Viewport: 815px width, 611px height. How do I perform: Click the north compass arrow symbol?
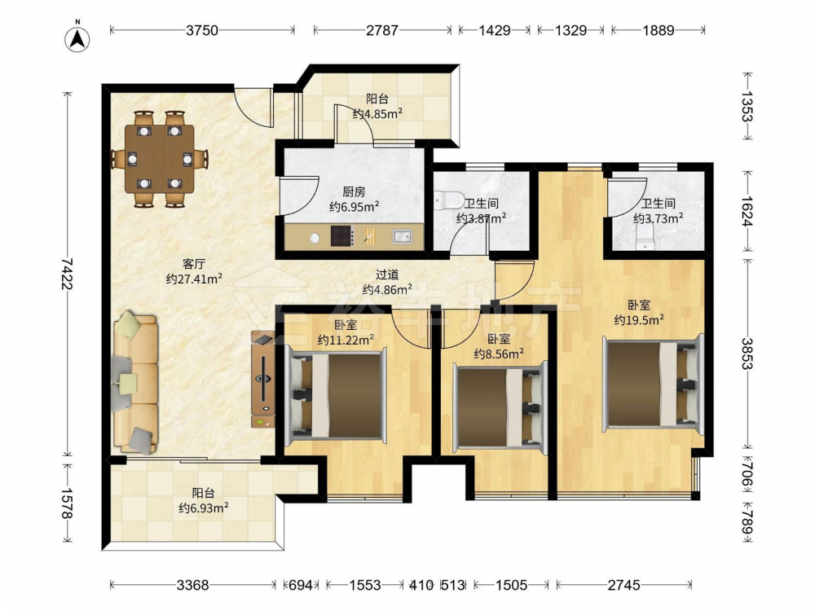(x=77, y=38)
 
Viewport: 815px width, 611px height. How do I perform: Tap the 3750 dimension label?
(x=202, y=31)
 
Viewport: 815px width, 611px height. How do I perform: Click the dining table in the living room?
(x=159, y=158)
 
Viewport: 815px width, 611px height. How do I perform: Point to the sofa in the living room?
(x=134, y=382)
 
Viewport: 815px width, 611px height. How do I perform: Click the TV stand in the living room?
(x=263, y=380)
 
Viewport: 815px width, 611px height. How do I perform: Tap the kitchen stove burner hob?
(x=342, y=236)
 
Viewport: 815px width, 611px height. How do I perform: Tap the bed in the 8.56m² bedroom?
(x=500, y=407)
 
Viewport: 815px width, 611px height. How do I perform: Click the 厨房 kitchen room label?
(x=354, y=191)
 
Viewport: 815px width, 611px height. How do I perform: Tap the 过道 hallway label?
(x=387, y=275)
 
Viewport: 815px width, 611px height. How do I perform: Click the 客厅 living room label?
(x=194, y=264)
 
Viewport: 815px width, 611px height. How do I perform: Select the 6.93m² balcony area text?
(x=204, y=508)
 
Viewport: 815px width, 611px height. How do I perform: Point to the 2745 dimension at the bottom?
(x=623, y=586)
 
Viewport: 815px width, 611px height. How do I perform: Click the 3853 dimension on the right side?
(x=747, y=354)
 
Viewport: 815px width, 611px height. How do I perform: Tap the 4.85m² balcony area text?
(x=378, y=113)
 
